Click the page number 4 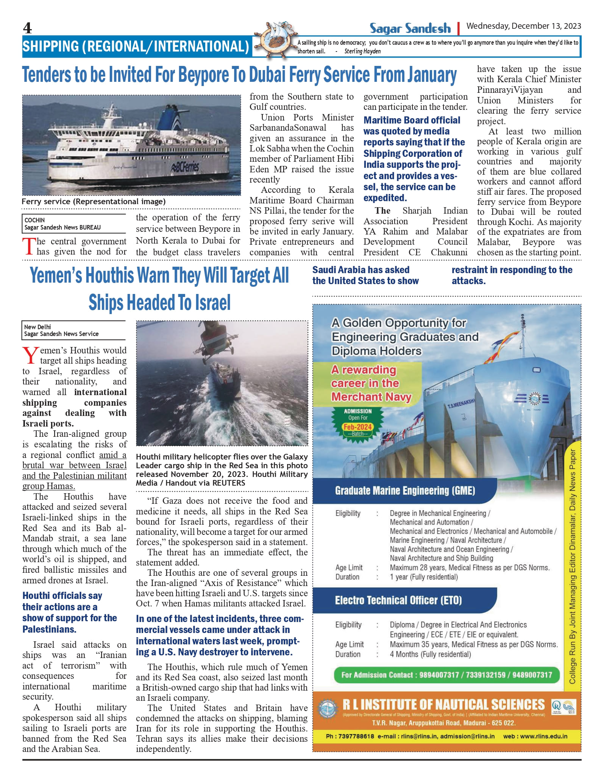click(27, 28)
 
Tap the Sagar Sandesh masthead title click(410, 28)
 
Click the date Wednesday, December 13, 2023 click(523, 26)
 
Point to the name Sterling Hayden click(362, 51)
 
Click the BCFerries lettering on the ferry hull click(185, 166)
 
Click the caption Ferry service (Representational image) click(94, 202)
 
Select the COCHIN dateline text click(34, 220)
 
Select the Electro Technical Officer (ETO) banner click(398, 600)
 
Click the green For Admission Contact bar click(446, 675)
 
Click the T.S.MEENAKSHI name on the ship click(460, 403)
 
